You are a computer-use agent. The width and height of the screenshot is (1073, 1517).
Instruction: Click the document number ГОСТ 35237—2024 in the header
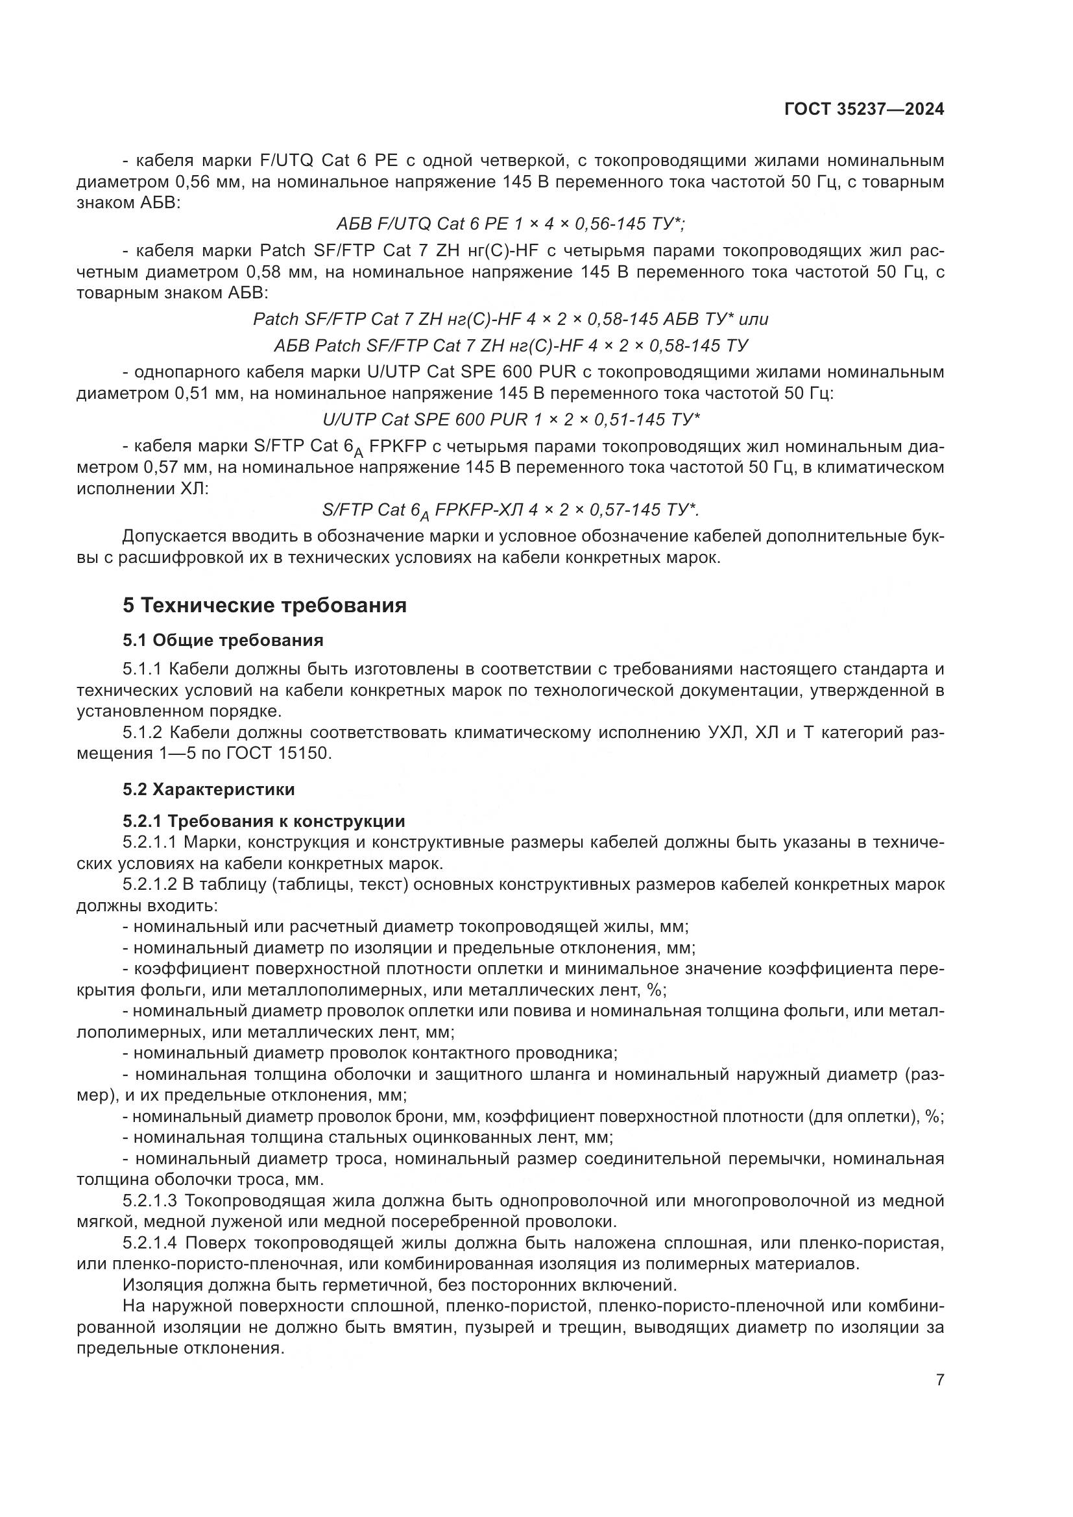pyautogui.click(x=863, y=110)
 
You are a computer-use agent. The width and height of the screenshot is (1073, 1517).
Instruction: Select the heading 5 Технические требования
pyautogui.click(x=264, y=605)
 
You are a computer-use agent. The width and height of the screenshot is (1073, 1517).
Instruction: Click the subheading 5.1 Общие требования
pyautogui.click(x=223, y=640)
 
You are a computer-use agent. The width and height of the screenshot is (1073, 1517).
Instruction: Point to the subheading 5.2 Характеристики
pyautogui.click(x=209, y=789)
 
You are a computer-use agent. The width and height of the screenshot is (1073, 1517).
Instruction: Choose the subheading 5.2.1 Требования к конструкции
pyautogui.click(x=263, y=821)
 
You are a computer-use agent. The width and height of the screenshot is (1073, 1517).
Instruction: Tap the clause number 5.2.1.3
pyautogui.click(x=150, y=1200)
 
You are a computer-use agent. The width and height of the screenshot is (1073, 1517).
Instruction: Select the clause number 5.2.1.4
pyautogui.click(x=150, y=1243)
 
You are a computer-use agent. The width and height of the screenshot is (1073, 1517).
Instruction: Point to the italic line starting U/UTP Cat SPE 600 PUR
pyautogui.click(x=511, y=420)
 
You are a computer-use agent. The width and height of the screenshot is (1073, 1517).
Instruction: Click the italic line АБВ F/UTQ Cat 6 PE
pyautogui.click(x=511, y=224)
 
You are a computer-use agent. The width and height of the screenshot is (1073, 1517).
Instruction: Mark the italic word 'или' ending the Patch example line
pyautogui.click(x=753, y=320)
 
